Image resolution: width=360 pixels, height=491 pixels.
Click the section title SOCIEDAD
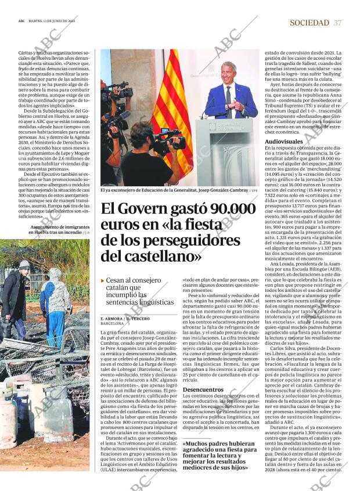point(309,23)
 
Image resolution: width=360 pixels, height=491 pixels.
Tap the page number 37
point(338,23)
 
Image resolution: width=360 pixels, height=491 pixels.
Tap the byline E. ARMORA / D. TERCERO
point(124,319)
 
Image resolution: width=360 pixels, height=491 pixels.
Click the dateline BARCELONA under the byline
point(111,324)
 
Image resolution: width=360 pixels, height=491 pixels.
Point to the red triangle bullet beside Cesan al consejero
point(103,280)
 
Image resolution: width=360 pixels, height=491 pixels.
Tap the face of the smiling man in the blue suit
point(228,73)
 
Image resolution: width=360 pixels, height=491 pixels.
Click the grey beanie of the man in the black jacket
point(24,264)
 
